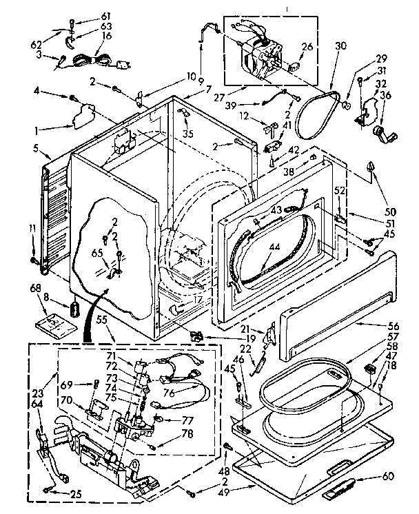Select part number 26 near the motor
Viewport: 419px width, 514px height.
point(307,47)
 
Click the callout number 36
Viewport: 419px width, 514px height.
point(386,95)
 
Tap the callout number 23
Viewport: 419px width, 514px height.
point(38,388)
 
